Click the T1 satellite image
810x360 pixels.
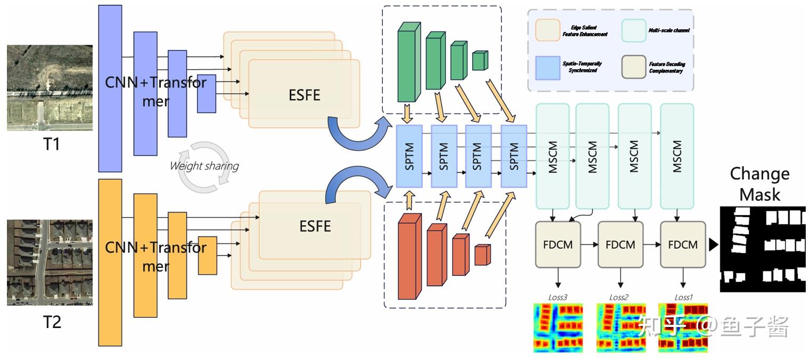50,88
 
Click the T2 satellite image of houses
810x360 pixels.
50,262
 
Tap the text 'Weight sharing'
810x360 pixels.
204,166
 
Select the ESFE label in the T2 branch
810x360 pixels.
315,226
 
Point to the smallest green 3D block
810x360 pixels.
480,61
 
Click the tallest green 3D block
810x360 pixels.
408,66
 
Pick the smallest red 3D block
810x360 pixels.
481,255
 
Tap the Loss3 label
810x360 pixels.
558,297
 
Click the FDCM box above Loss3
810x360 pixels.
558,244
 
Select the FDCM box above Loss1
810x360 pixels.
683,244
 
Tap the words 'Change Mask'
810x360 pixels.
759,184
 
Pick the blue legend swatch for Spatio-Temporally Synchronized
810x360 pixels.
546,67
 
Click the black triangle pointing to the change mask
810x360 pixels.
714,244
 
